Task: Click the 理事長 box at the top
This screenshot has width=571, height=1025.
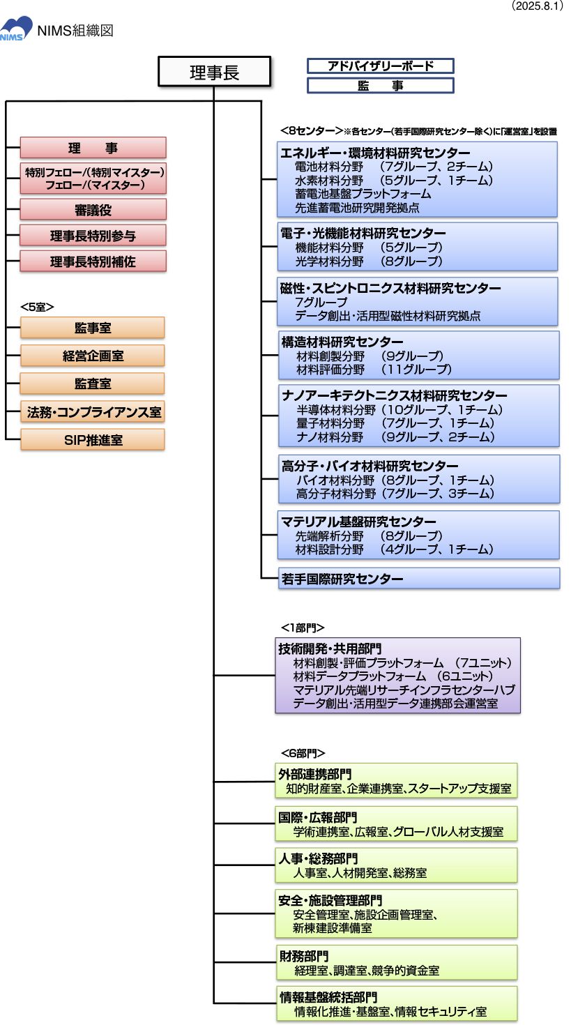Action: point(214,73)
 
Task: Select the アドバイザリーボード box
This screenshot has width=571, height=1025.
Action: point(380,66)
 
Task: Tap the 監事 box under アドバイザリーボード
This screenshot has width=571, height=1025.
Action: point(380,86)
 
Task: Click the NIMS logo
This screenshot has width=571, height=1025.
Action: point(16,29)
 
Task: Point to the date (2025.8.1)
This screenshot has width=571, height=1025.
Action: point(536,6)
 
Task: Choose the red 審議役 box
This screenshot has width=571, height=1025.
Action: point(93,209)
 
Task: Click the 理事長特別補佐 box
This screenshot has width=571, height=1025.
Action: point(93,261)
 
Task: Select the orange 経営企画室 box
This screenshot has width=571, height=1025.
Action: point(93,356)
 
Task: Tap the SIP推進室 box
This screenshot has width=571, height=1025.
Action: point(93,440)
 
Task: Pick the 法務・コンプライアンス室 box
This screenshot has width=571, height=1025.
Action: point(93,412)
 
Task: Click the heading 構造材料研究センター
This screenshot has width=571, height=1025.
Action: point(342,342)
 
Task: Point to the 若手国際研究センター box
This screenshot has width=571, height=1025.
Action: point(342,579)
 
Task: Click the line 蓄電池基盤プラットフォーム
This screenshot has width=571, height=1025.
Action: point(363,194)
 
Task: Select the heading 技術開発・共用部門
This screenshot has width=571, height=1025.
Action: point(330,648)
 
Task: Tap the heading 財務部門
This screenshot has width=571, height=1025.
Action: point(303,956)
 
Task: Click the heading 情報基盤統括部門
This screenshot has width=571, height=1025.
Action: point(328,997)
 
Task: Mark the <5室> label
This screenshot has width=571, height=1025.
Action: point(38,306)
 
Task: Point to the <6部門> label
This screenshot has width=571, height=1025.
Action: point(303,753)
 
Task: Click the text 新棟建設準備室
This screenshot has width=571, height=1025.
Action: point(333,928)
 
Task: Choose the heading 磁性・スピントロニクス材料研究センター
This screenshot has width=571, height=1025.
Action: point(390,288)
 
